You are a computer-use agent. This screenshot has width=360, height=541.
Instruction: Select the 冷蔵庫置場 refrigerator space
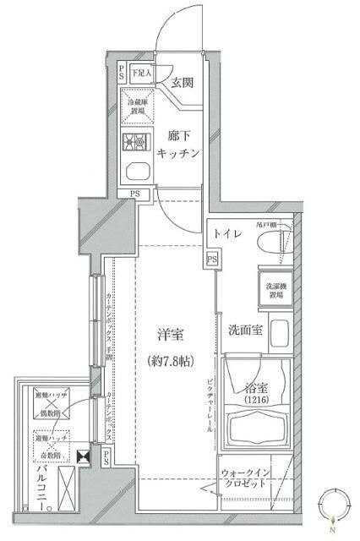pos(137,106)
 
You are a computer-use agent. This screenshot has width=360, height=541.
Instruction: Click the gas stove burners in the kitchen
pos(135,142)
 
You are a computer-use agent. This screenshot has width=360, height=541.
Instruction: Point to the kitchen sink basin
pos(136,172)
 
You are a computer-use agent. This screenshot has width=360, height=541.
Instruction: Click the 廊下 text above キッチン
pos(179,135)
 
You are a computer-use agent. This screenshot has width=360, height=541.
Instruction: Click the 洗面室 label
pos(244,330)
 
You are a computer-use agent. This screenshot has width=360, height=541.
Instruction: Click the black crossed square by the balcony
pos(82,457)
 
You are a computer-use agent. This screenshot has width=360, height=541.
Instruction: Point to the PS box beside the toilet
pos(211,258)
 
